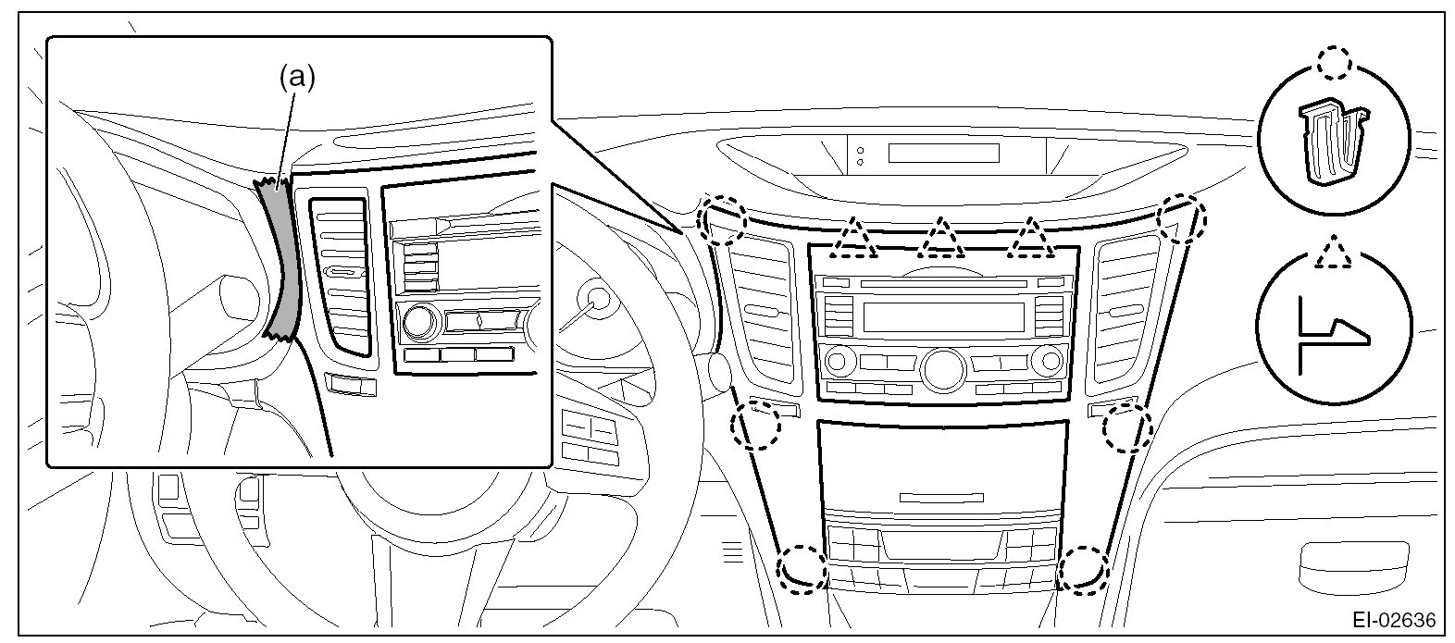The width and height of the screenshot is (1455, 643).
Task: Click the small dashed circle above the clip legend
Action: (1334, 64)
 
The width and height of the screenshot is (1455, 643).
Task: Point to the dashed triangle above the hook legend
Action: (1333, 253)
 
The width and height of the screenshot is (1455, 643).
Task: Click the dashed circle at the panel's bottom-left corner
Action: (802, 567)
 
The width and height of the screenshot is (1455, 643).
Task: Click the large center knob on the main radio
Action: (940, 367)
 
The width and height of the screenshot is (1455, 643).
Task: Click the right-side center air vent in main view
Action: (1125, 310)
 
